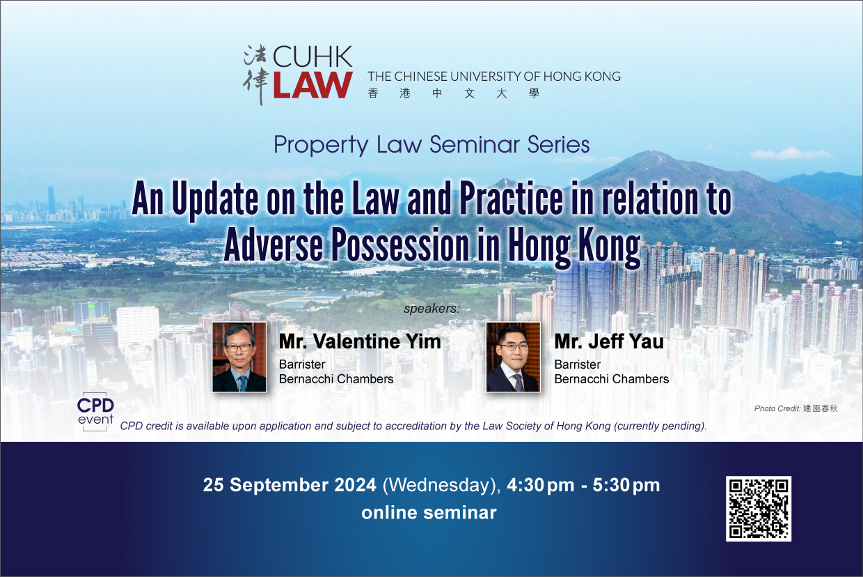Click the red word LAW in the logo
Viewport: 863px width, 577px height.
312,85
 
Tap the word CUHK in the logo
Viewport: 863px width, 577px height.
312,56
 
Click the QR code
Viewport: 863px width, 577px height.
758,508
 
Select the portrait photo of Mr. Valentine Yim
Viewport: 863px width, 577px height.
239,357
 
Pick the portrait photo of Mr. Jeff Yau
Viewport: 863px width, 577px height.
513,357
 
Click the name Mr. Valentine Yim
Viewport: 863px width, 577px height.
360,341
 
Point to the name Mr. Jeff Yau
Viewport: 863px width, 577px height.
609,341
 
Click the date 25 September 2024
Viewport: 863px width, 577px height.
290,485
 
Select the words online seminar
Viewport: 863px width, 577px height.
429,513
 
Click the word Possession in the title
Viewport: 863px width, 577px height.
400,245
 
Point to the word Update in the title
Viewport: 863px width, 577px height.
215,198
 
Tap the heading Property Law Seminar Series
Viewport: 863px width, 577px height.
431,145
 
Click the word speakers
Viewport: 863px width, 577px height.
431,309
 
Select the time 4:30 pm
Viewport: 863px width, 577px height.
540,485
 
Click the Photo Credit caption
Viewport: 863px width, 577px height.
795,408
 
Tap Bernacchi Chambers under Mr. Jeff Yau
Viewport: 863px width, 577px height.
612,379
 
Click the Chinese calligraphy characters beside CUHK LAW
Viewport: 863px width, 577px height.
255,75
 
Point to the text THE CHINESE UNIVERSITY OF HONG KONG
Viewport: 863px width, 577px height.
494,77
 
